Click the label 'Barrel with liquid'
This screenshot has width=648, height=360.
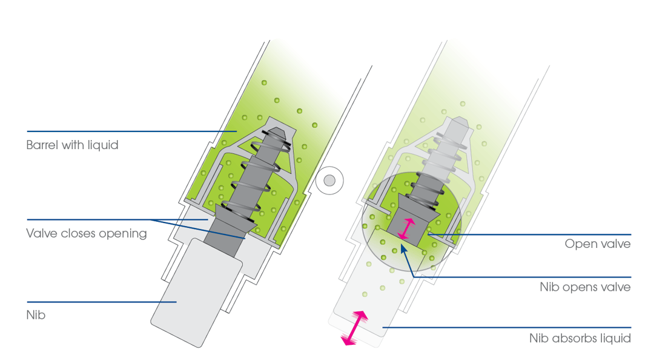[72, 145]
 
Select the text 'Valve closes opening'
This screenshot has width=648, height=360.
[87, 233]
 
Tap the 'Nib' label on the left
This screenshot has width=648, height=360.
[36, 315]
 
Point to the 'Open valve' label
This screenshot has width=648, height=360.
[598, 244]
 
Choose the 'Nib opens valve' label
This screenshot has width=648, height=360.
[585, 287]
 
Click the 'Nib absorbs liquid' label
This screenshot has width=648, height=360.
[580, 338]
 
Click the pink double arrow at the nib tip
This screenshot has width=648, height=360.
[354, 328]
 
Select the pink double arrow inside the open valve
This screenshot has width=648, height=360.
[406, 228]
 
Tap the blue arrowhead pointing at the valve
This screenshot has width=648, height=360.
[403, 249]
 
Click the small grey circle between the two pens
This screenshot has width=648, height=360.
[329, 181]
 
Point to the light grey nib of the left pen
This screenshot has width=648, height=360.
[196, 293]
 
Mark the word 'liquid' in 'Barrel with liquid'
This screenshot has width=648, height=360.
[103, 145]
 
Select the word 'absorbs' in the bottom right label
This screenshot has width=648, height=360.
[575, 338]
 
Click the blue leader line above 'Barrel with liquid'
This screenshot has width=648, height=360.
[132, 132]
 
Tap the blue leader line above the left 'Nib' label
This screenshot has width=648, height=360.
[102, 302]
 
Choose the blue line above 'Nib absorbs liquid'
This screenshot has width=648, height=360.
[507, 328]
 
